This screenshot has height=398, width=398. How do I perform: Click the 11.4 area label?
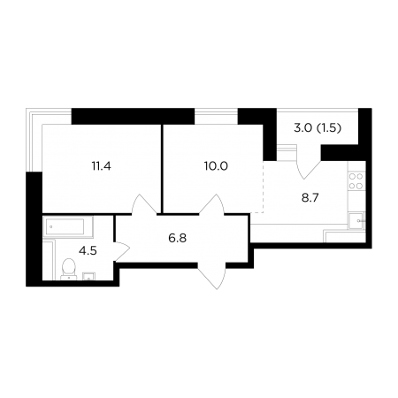(101, 166)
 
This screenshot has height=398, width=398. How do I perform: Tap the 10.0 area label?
(216, 166)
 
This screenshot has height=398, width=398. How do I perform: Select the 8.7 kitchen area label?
(310, 198)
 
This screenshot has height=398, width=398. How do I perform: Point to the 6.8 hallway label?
(178, 238)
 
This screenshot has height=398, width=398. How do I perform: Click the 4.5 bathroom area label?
(88, 251)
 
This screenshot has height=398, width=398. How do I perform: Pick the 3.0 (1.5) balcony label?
(318, 128)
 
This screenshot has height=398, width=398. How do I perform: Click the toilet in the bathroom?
(69, 269)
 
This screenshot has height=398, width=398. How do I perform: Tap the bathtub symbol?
(68, 227)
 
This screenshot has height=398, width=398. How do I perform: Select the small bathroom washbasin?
(88, 276)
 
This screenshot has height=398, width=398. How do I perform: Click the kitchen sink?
(356, 220)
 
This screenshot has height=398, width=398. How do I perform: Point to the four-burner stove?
(356, 181)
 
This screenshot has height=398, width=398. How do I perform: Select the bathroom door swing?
(122, 251)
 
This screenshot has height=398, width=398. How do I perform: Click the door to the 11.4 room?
(144, 203)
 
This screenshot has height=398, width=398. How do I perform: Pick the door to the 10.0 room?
(212, 203)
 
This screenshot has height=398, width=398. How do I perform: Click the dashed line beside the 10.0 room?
(263, 187)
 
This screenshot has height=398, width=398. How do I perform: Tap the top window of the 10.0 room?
(216, 116)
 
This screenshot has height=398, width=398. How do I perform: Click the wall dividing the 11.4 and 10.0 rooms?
(162, 169)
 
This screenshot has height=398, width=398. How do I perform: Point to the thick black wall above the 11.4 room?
(133, 116)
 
